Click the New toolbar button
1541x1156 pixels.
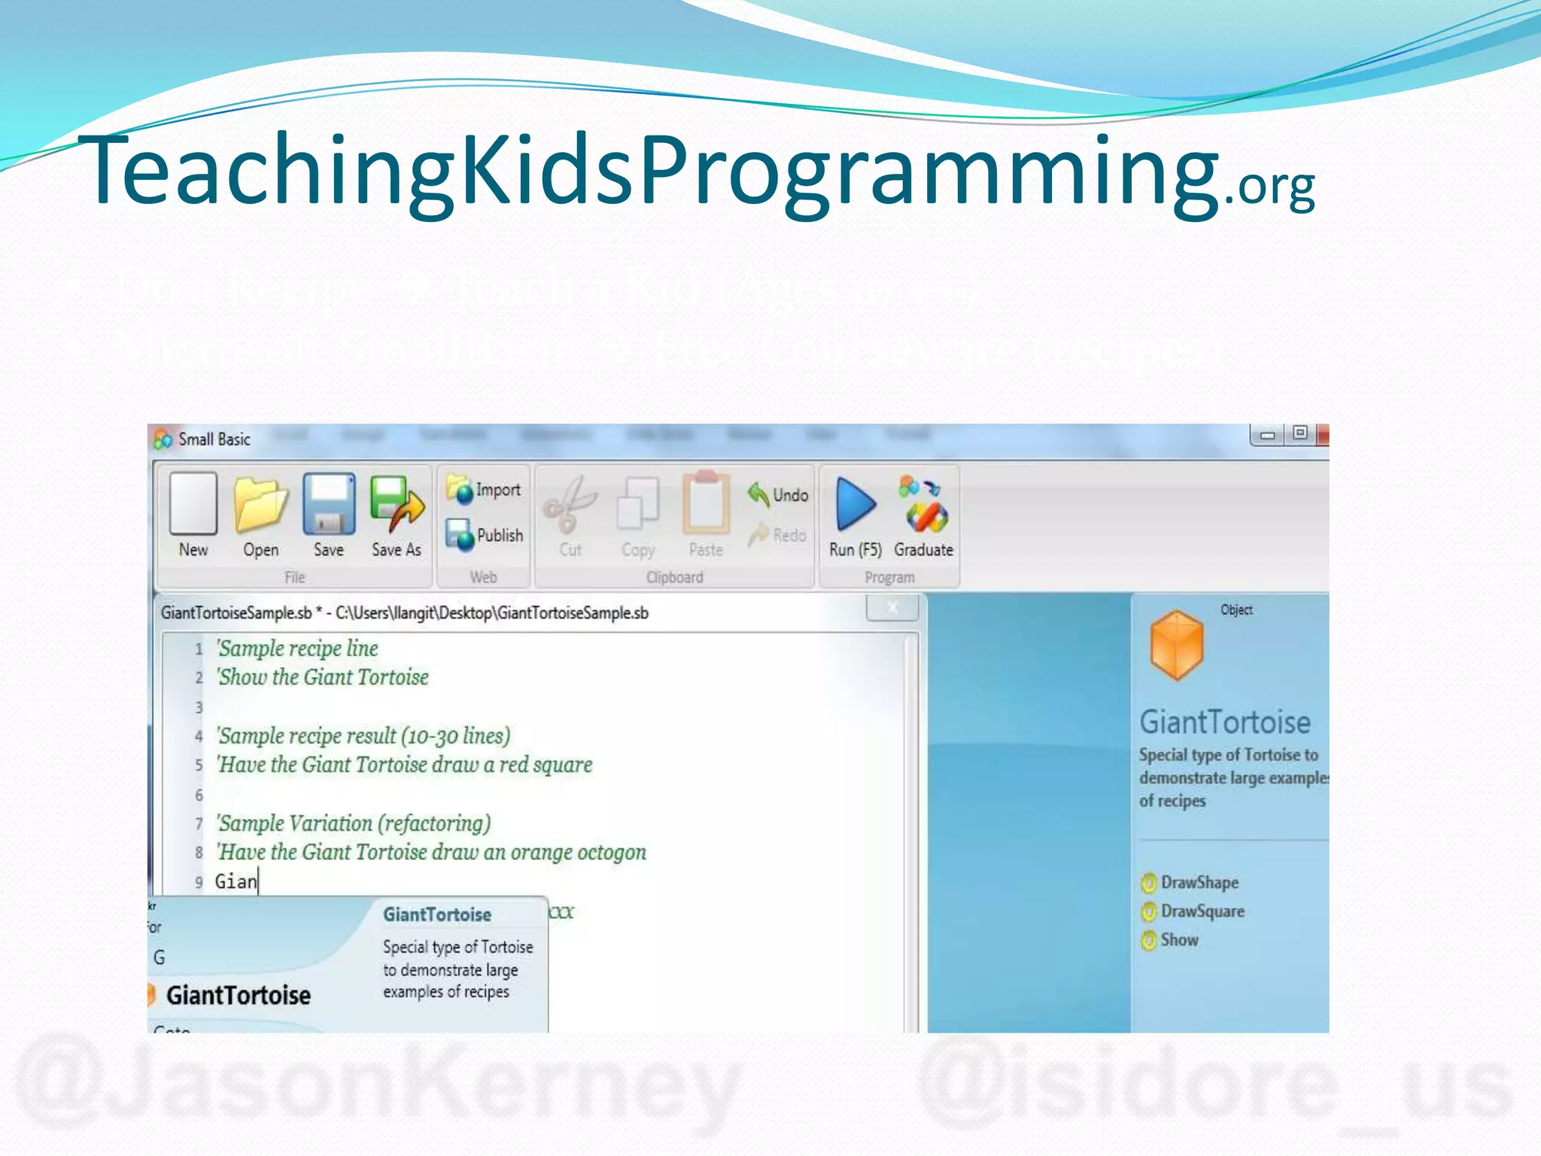[x=193, y=515]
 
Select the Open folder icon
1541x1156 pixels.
[x=260, y=515]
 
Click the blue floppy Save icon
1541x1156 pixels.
[x=329, y=515]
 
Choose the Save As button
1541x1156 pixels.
[x=397, y=515]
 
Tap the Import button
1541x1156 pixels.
[x=485, y=489]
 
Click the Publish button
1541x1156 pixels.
[x=485, y=534]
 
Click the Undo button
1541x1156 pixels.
[x=779, y=494]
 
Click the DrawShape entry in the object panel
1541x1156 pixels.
[x=1199, y=882]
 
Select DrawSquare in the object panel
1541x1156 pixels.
[x=1202, y=911]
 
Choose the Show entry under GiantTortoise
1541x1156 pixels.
[x=1179, y=939]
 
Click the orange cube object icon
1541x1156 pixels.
[x=1176, y=645]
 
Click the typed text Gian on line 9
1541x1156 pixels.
[x=236, y=881]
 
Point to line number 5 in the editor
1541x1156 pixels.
[x=199, y=765]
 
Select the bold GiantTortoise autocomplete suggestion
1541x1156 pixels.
[x=238, y=995]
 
